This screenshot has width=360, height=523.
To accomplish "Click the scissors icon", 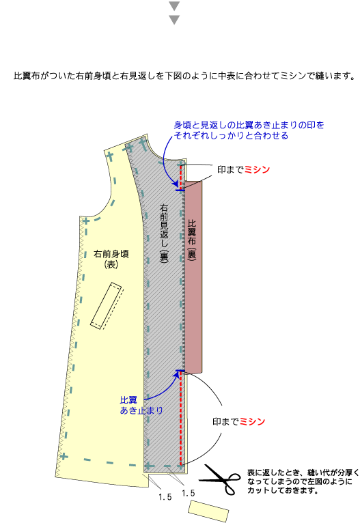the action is pyautogui.click(x=221, y=479).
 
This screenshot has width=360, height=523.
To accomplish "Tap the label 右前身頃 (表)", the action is pyautogui.click(x=111, y=259).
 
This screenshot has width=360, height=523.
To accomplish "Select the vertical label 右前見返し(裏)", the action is pyautogui.click(x=164, y=233).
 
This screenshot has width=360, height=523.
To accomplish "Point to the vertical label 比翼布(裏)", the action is pyautogui.click(x=191, y=240).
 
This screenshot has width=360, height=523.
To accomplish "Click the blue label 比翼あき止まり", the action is pyautogui.click(x=141, y=405).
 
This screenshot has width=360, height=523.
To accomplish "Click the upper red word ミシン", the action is pyautogui.click(x=257, y=169).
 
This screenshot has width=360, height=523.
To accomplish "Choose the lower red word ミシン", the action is pyautogui.click(x=252, y=421).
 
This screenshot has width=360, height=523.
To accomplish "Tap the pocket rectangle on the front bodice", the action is pyautogui.click(x=107, y=306).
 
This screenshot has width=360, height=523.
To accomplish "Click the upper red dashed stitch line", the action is pyautogui.click(x=181, y=177).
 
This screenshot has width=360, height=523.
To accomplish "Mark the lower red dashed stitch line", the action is pyautogui.click(x=181, y=419).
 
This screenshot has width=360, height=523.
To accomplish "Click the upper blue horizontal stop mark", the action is pyautogui.click(x=180, y=190).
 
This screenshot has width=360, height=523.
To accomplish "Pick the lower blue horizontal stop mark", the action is pyautogui.click(x=180, y=371).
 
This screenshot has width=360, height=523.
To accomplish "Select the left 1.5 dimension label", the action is pyautogui.click(x=165, y=497).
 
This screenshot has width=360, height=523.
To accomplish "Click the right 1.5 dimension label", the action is pyautogui.click(x=188, y=493).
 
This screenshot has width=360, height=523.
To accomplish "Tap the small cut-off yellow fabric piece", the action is pyautogui.click(x=208, y=511).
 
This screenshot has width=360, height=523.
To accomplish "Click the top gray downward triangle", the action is pyautogui.click(x=174, y=6).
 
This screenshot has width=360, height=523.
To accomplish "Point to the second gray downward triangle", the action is pyautogui.click(x=174, y=20).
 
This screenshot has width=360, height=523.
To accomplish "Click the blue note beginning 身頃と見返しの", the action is pyautogui.click(x=249, y=130).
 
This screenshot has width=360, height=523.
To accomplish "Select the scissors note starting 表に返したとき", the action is pyautogui.click(x=303, y=481).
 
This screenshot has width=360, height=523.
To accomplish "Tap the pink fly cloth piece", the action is pyautogui.click(x=193, y=277).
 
